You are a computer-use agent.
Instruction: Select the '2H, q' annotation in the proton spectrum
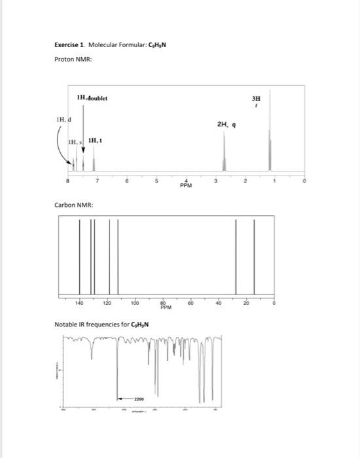click(x=226, y=122)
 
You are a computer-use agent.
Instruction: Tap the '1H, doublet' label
click(x=92, y=99)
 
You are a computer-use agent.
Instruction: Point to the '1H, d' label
click(x=64, y=120)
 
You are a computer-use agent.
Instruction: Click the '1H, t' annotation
click(x=94, y=140)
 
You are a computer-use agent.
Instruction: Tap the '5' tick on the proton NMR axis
click(x=156, y=180)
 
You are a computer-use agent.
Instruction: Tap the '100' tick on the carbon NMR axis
click(x=135, y=304)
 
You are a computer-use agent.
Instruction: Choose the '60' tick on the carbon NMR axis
click(x=190, y=304)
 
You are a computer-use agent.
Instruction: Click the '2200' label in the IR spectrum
click(x=138, y=398)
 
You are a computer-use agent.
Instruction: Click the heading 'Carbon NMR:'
click(x=73, y=205)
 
